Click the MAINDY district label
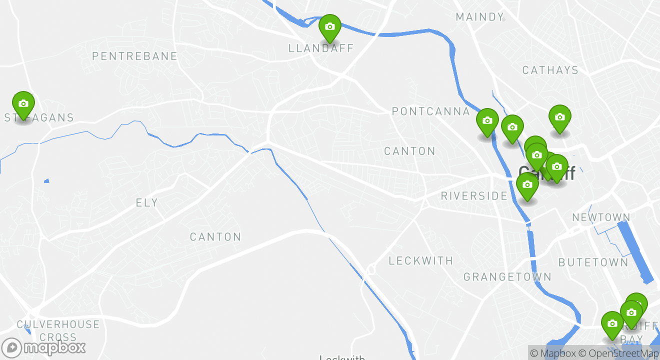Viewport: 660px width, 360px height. pyautogui.click(x=479, y=17)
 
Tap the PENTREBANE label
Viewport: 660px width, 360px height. pyautogui.click(x=134, y=56)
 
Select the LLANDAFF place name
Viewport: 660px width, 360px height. pyautogui.click(x=321, y=48)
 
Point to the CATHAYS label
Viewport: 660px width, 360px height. pyautogui.click(x=550, y=70)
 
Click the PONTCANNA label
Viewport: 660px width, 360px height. pyautogui.click(x=431, y=111)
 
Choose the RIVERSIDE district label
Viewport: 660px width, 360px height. pyautogui.click(x=474, y=196)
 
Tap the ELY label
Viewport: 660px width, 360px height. pyautogui.click(x=146, y=202)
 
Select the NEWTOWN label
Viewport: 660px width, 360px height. pyautogui.click(x=601, y=217)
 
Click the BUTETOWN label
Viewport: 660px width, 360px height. pyautogui.click(x=593, y=262)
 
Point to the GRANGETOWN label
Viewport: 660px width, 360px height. pyautogui.click(x=507, y=277)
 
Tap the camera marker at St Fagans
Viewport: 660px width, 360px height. pyautogui.click(x=23, y=104)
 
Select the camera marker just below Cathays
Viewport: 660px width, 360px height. pyautogui.click(x=559, y=117)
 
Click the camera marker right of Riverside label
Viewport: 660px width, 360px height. pyautogui.click(x=527, y=185)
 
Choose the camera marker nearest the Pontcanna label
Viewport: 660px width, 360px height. pyautogui.click(x=487, y=121)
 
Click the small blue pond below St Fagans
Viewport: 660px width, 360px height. pyautogui.click(x=46, y=180)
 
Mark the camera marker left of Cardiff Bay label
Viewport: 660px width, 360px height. pyautogui.click(x=612, y=324)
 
